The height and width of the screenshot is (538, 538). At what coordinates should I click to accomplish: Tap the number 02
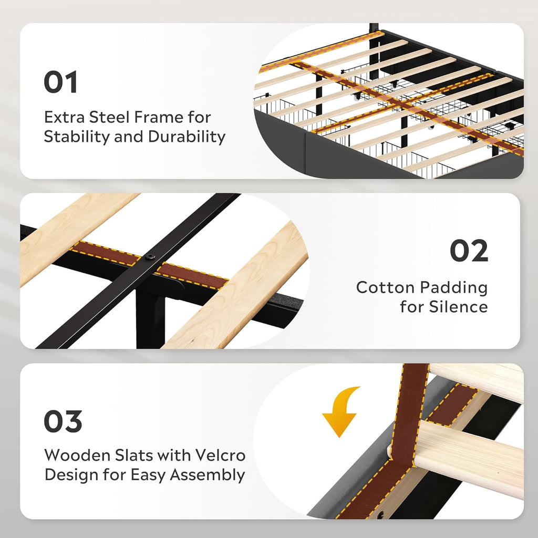point(469,251)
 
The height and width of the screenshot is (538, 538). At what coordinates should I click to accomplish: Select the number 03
point(63,421)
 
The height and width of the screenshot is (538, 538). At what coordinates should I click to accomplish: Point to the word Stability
point(77,137)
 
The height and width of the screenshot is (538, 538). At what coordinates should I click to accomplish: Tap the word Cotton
point(385,287)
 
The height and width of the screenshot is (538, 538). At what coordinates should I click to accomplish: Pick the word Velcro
point(221,456)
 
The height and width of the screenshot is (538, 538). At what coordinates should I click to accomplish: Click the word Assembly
point(207,475)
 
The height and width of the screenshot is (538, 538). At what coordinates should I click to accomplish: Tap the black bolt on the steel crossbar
point(150,256)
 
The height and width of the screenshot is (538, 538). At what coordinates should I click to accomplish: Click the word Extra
point(64,117)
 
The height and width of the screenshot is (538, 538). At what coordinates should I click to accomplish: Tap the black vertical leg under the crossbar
point(150,319)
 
